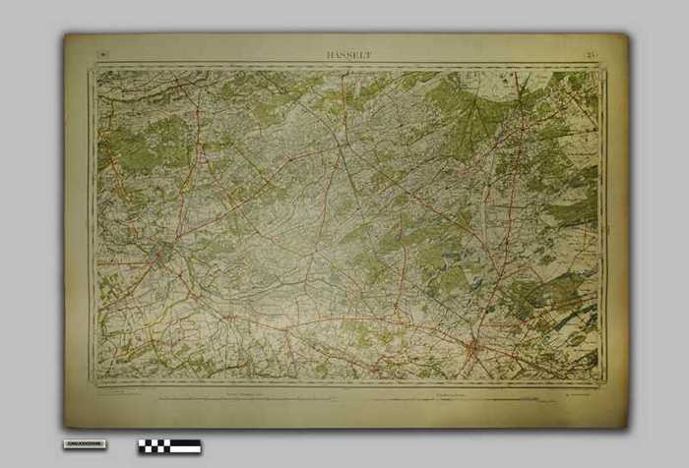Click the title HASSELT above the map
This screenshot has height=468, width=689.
pyautogui.click(x=348, y=56)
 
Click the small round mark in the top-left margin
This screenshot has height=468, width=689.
pyautogui.click(x=102, y=55)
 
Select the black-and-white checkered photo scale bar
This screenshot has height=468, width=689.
pyautogui.click(x=169, y=446)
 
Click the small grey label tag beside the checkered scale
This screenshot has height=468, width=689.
pyautogui.click(x=85, y=444)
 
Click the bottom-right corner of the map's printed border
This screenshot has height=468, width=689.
pyautogui.click(x=605, y=384)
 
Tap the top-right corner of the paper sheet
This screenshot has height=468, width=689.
pyautogui.click(x=627, y=36)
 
